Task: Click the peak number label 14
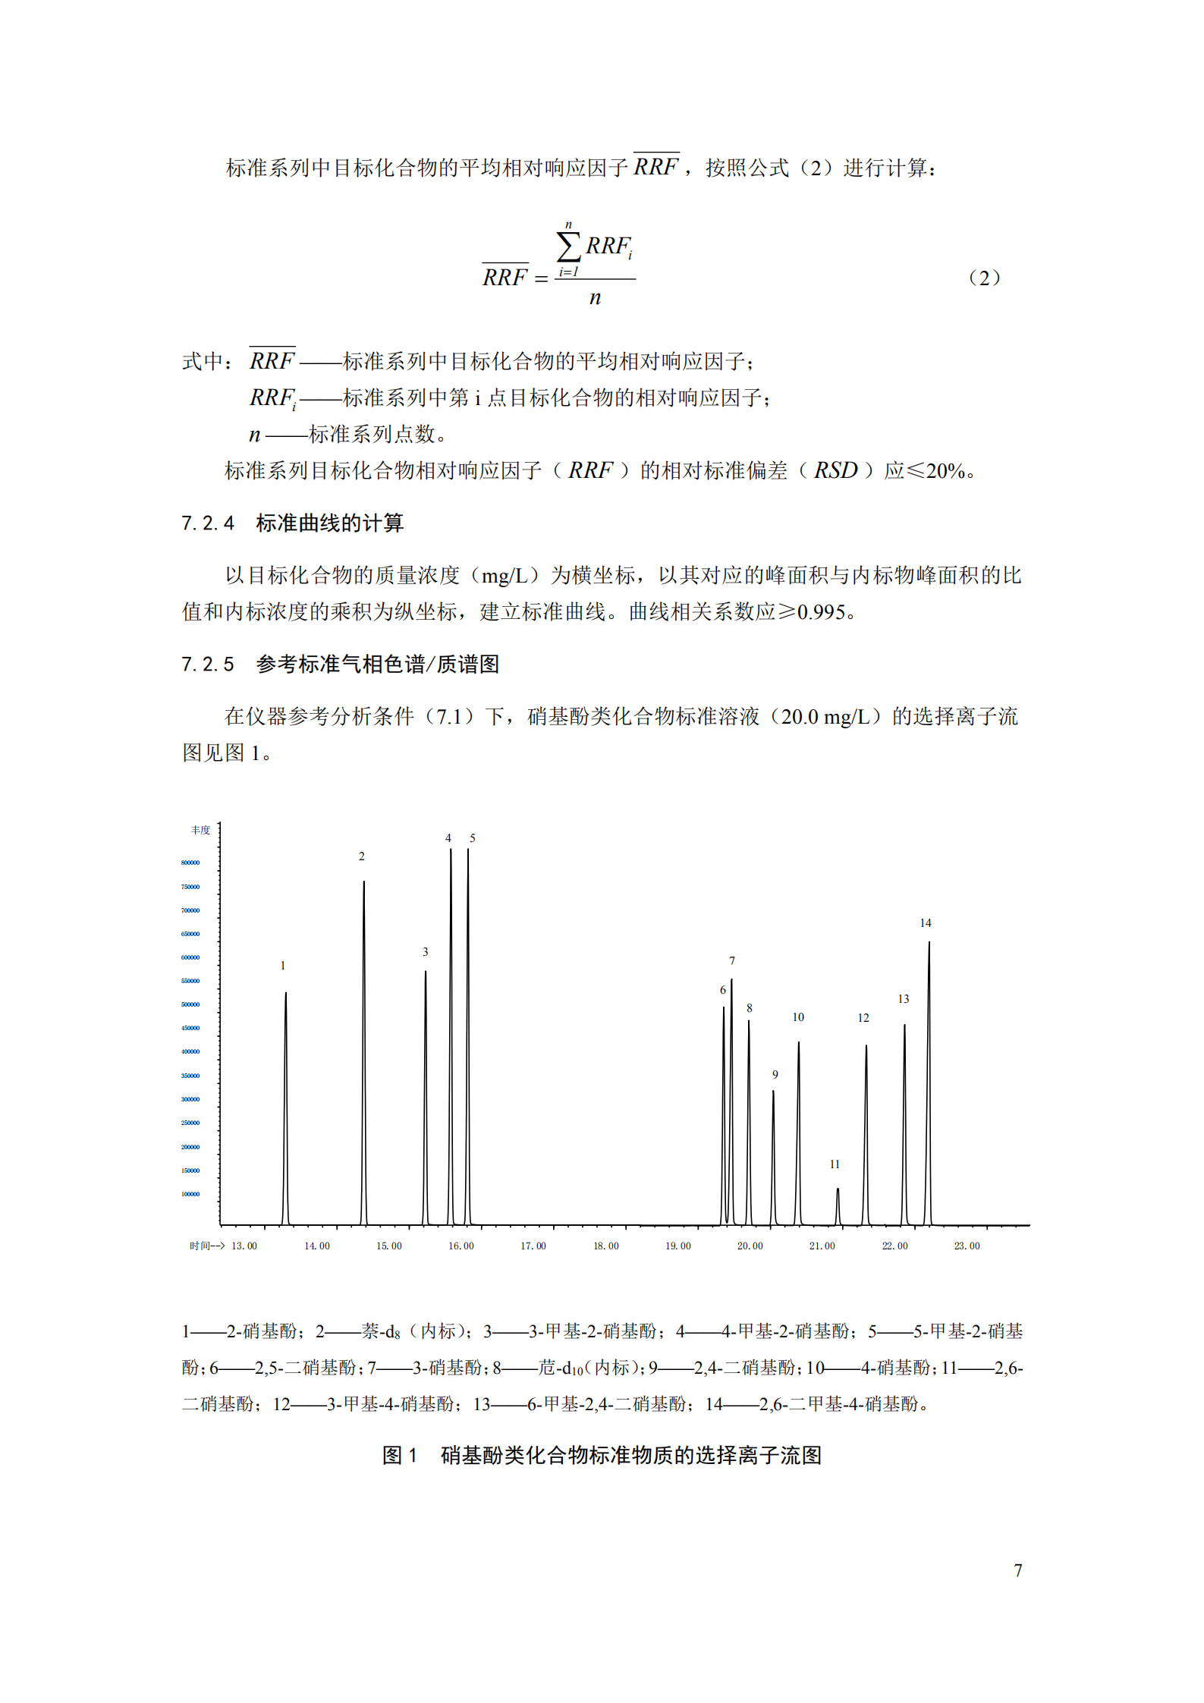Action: [x=925, y=923]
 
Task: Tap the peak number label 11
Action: [x=834, y=1164]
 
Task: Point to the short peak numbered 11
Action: [x=838, y=1206]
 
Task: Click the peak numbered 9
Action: [x=773, y=1153]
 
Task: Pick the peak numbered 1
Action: [x=286, y=1100]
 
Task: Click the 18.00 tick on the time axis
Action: [x=605, y=1246]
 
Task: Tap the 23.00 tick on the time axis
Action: [x=967, y=1246]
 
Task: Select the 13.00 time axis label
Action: [x=244, y=1246]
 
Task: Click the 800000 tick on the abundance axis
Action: [x=190, y=862]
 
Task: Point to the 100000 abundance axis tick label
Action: [x=190, y=1194]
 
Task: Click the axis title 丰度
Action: [x=200, y=830]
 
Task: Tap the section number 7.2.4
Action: [x=208, y=523]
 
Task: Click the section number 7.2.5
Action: [x=208, y=665]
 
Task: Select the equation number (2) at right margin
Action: [x=984, y=278]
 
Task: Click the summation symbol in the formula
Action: [x=568, y=247]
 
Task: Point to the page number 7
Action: [x=1017, y=1569]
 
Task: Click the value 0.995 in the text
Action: [x=821, y=612]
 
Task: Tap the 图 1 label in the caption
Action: [x=400, y=1455]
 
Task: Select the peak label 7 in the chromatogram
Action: [x=732, y=961]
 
